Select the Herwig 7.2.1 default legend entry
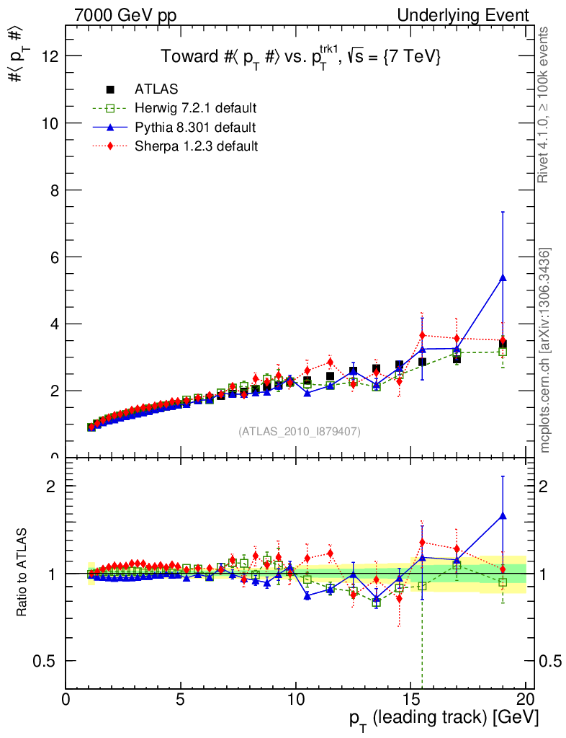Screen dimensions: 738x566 pos(195,108)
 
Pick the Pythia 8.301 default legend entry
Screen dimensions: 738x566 pos(194,127)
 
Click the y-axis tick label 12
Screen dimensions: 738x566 pos(50,56)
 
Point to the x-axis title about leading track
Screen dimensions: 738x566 pos(444,719)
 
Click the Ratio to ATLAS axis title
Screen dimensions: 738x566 pos(22,573)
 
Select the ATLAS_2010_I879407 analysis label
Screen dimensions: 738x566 pos(300,432)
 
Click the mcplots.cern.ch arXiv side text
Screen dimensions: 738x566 pos(546,350)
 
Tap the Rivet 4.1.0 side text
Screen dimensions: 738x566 pos(545,105)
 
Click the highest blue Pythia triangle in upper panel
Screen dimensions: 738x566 pos(503,277)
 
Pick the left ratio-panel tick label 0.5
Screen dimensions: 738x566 pos(45,661)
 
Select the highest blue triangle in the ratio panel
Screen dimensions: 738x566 pos(503,515)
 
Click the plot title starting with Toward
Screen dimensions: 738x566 pos(300,56)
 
